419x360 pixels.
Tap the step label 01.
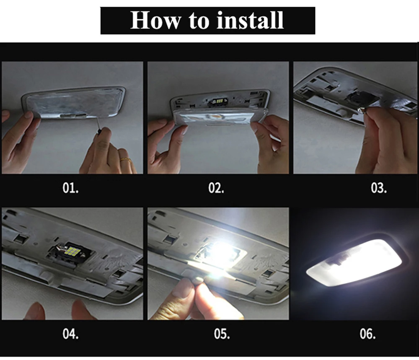tap(71, 188)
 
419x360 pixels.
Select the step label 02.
tap(216, 188)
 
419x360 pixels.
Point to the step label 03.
tap(379, 188)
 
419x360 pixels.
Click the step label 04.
tap(71, 334)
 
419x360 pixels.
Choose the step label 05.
tap(222, 334)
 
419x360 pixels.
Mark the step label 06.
tap(368, 334)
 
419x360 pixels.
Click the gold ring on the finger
tap(125, 160)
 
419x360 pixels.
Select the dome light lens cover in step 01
tap(73, 104)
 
